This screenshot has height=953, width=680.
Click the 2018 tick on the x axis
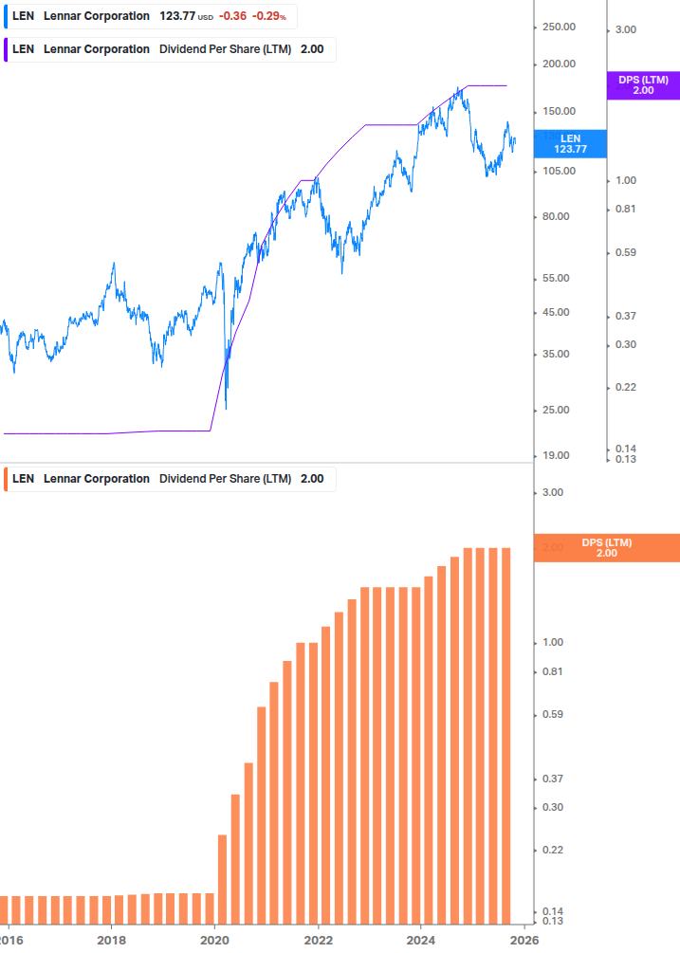[x=111, y=940]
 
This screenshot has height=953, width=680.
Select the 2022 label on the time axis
[x=318, y=940]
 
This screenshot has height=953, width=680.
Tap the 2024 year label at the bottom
[x=421, y=940]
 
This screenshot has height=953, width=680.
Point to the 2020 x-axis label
[x=214, y=940]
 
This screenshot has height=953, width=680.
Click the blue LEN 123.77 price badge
[x=570, y=143]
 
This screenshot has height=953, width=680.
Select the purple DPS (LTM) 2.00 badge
[x=643, y=85]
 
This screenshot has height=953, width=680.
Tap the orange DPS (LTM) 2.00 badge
[x=606, y=547]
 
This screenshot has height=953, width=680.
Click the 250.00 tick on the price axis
[x=559, y=27]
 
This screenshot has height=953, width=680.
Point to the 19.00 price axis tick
[x=556, y=455]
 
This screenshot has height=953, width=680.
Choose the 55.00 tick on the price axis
[x=556, y=278]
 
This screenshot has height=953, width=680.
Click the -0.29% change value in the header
[x=268, y=16]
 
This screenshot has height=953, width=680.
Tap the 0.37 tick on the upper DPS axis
[x=625, y=316]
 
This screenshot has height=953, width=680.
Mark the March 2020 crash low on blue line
[x=226, y=409]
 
